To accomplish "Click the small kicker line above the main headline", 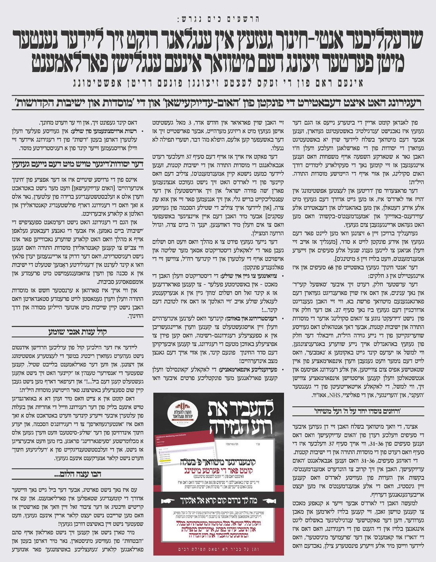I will pyautogui.click(x=218, y=19).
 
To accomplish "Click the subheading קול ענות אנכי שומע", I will pyautogui.click(x=77, y=331).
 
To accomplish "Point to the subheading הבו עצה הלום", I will pyautogui.click(x=77, y=474).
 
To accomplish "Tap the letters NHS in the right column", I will pyautogui.click(x=335, y=395).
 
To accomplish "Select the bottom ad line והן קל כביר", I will pyautogui.click(x=218, y=549).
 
